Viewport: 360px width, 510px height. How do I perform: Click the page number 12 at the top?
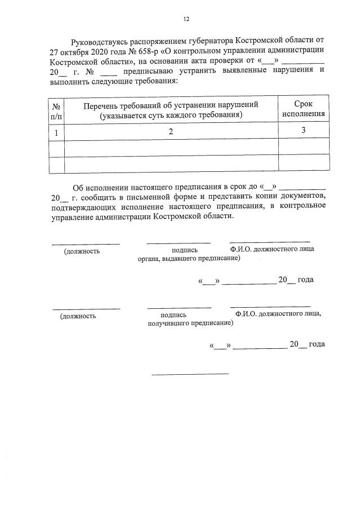(186, 19)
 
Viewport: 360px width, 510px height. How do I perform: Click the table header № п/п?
(56, 110)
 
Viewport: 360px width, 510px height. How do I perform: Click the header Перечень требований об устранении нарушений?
(171, 105)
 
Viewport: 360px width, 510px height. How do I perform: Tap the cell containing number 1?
(56, 133)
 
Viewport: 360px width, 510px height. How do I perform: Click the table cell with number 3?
(304, 131)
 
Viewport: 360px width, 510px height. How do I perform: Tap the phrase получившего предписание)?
(190, 323)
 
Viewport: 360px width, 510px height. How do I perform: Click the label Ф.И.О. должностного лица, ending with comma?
(279, 314)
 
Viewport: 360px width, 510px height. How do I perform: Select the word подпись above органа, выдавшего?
(184, 250)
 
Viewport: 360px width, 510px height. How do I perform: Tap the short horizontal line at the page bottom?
(190, 374)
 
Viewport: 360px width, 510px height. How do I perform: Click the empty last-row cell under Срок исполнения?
(304, 165)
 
